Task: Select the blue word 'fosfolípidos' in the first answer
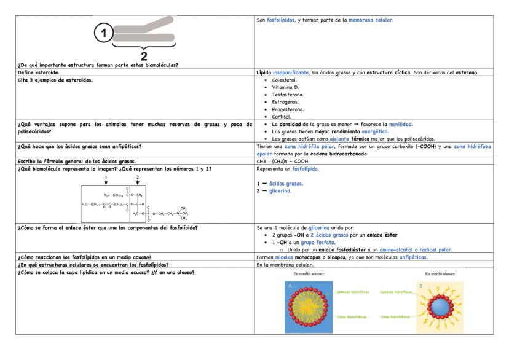pos(283,20)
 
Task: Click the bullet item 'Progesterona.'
pos(287,108)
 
